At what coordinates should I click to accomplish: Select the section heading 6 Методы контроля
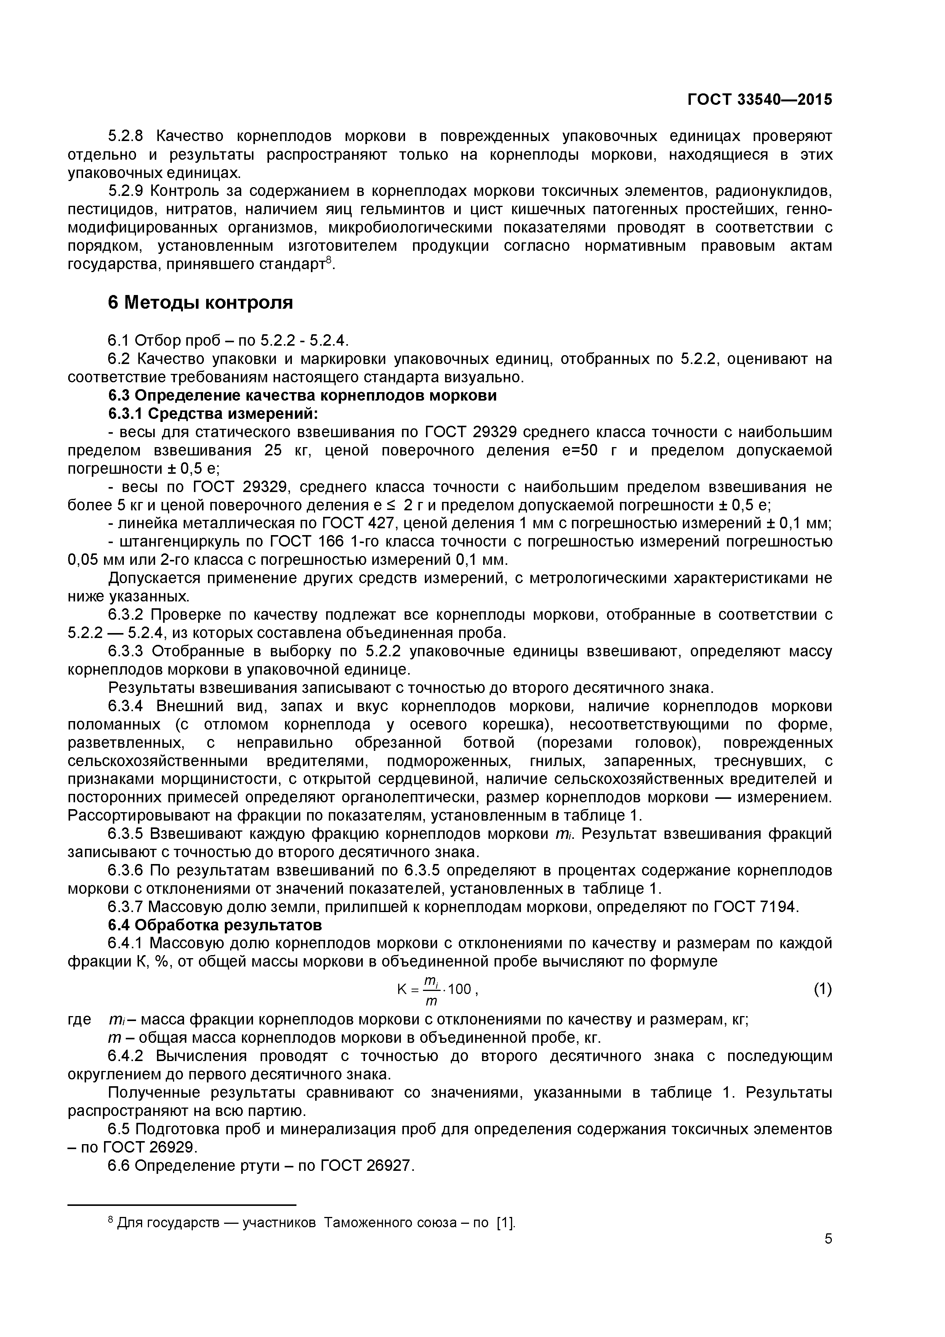[x=200, y=303]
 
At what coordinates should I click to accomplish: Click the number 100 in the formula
[x=460, y=988]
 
